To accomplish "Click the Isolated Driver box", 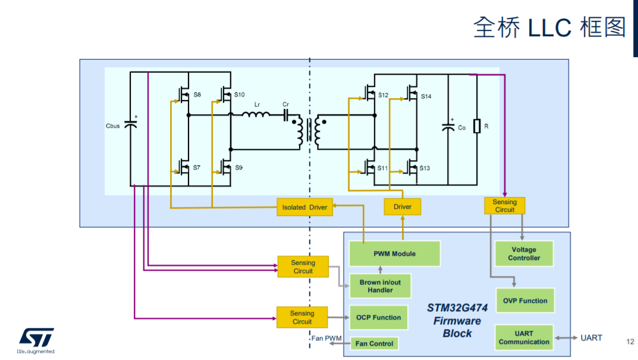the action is pos(305,207).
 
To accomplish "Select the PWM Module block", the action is pos(394,253).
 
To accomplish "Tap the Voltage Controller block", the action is pos(524,253).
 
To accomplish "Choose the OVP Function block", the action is pos(525,300).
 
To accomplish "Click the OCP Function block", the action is pos(378,317).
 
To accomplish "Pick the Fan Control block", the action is pos(374,343).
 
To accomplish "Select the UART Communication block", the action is pos(524,337).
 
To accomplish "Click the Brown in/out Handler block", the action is pos(380,286).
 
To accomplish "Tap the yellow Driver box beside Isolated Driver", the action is pos(403,206).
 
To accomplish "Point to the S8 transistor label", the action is pos(197,95).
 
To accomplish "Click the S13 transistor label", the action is pos(425,168).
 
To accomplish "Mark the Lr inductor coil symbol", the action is pos(256,114).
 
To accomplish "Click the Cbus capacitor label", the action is pos(113,126).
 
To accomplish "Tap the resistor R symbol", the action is pos(477,126).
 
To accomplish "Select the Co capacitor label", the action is pos(461,127).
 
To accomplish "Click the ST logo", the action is pos(36,340).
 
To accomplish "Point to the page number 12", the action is pos(630,342).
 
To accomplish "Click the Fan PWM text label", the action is pos(326,338).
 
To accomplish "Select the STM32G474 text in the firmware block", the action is pos(457,308).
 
